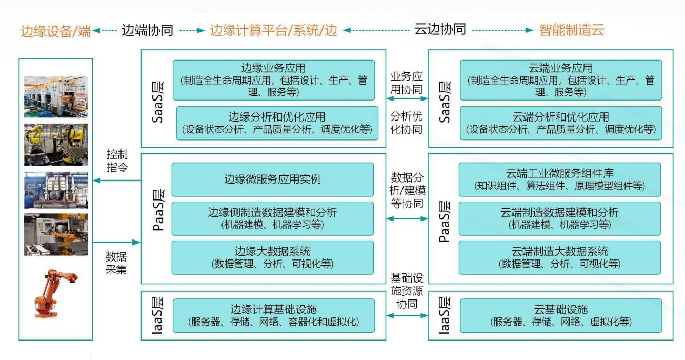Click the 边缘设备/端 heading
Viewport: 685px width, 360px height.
(56, 31)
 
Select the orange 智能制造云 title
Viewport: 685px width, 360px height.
(572, 30)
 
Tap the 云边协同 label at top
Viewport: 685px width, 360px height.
(440, 29)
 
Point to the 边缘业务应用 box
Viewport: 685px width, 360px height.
(274, 80)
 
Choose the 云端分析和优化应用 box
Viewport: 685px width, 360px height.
(561, 123)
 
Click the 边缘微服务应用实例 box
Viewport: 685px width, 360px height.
(272, 179)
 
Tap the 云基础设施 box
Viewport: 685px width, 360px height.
(560, 315)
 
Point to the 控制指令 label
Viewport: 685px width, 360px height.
(117, 161)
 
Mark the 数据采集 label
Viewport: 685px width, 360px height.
(116, 263)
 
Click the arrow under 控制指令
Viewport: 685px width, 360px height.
(117, 180)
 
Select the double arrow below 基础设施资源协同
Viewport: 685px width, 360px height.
(407, 315)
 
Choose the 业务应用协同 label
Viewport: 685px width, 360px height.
(407, 83)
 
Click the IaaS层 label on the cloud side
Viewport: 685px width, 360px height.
(445, 315)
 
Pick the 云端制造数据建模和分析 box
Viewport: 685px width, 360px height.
(559, 218)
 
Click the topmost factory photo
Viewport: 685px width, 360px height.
(56, 96)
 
